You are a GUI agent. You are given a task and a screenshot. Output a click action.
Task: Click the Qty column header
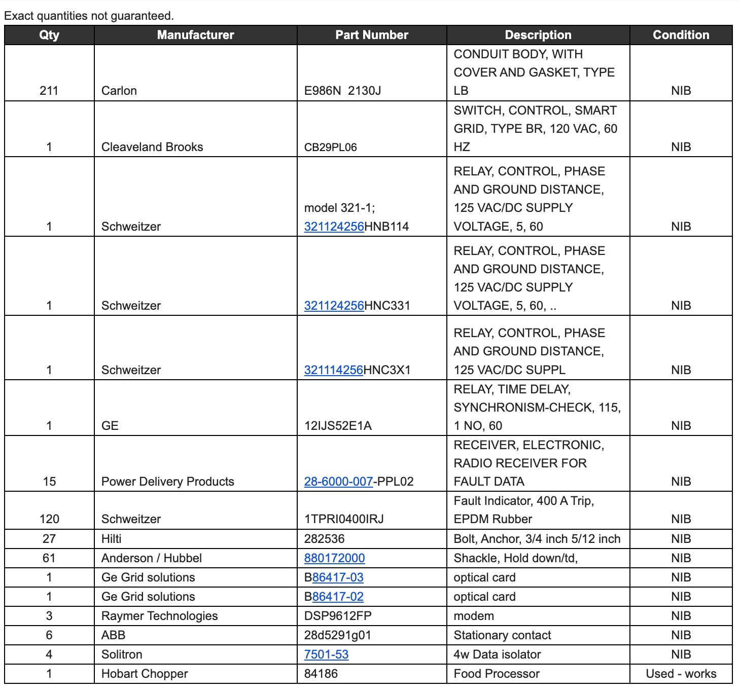click(49, 35)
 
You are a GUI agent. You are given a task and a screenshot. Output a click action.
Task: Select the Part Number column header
click(372, 35)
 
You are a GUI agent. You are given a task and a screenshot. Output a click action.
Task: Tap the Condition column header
click(681, 35)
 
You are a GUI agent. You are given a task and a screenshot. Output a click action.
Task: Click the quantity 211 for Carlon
click(49, 91)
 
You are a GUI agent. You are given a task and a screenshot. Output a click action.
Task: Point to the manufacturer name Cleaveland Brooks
click(152, 147)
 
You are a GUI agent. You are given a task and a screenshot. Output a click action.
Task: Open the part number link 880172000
click(334, 558)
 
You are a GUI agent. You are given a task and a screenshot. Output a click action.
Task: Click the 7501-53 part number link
click(326, 654)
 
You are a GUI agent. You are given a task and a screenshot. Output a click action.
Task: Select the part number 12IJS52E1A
click(338, 426)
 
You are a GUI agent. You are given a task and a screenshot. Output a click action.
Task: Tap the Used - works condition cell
click(681, 674)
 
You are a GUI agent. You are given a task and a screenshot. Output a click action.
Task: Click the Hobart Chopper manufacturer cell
click(145, 674)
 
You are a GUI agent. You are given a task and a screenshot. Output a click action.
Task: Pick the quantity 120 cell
click(49, 519)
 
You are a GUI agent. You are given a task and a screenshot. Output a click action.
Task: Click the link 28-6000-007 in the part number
click(338, 482)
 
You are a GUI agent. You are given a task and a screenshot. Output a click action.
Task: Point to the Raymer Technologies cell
click(159, 616)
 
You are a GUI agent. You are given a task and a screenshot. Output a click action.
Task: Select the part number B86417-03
click(334, 577)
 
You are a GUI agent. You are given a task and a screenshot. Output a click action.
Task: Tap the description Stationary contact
click(502, 635)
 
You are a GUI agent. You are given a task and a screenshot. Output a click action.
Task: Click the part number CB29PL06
click(331, 148)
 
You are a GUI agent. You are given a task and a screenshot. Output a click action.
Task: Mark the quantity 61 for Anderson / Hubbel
click(49, 558)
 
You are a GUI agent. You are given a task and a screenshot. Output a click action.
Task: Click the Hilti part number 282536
click(324, 539)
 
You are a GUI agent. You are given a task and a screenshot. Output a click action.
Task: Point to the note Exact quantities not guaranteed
click(89, 16)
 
